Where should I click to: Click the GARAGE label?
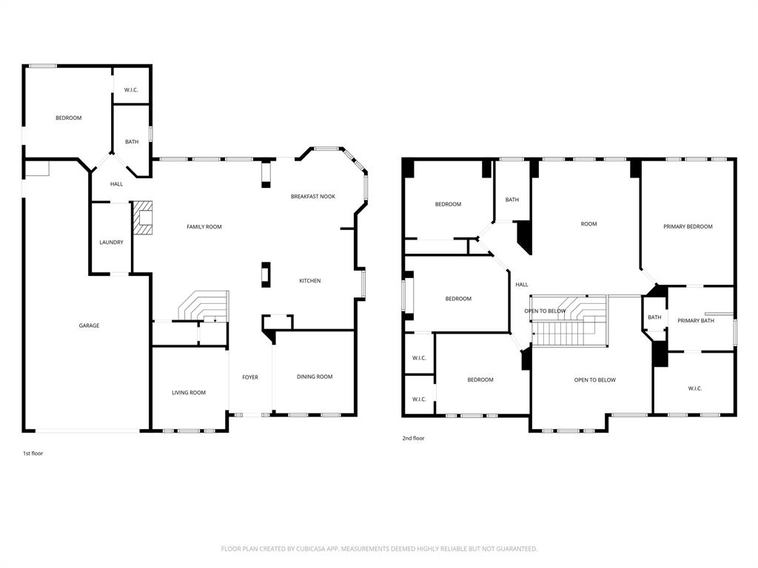click(89, 325)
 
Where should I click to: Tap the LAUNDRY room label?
click(111, 243)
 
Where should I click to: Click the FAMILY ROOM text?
click(204, 227)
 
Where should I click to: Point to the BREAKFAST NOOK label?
click(312, 196)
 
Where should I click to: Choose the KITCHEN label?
click(309, 281)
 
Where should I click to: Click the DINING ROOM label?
click(315, 377)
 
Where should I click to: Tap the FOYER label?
click(250, 378)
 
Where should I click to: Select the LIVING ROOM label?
click(189, 393)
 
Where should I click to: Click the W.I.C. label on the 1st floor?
click(131, 90)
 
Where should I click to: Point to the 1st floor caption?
click(33, 453)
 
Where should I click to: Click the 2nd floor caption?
click(413, 439)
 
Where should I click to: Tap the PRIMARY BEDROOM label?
click(688, 227)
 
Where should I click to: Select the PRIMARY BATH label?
click(696, 321)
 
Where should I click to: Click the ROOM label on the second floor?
click(588, 224)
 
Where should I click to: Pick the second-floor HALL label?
click(522, 285)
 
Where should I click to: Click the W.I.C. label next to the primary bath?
click(694, 389)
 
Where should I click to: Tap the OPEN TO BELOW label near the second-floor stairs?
click(546, 311)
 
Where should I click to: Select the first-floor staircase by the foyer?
click(205, 305)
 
